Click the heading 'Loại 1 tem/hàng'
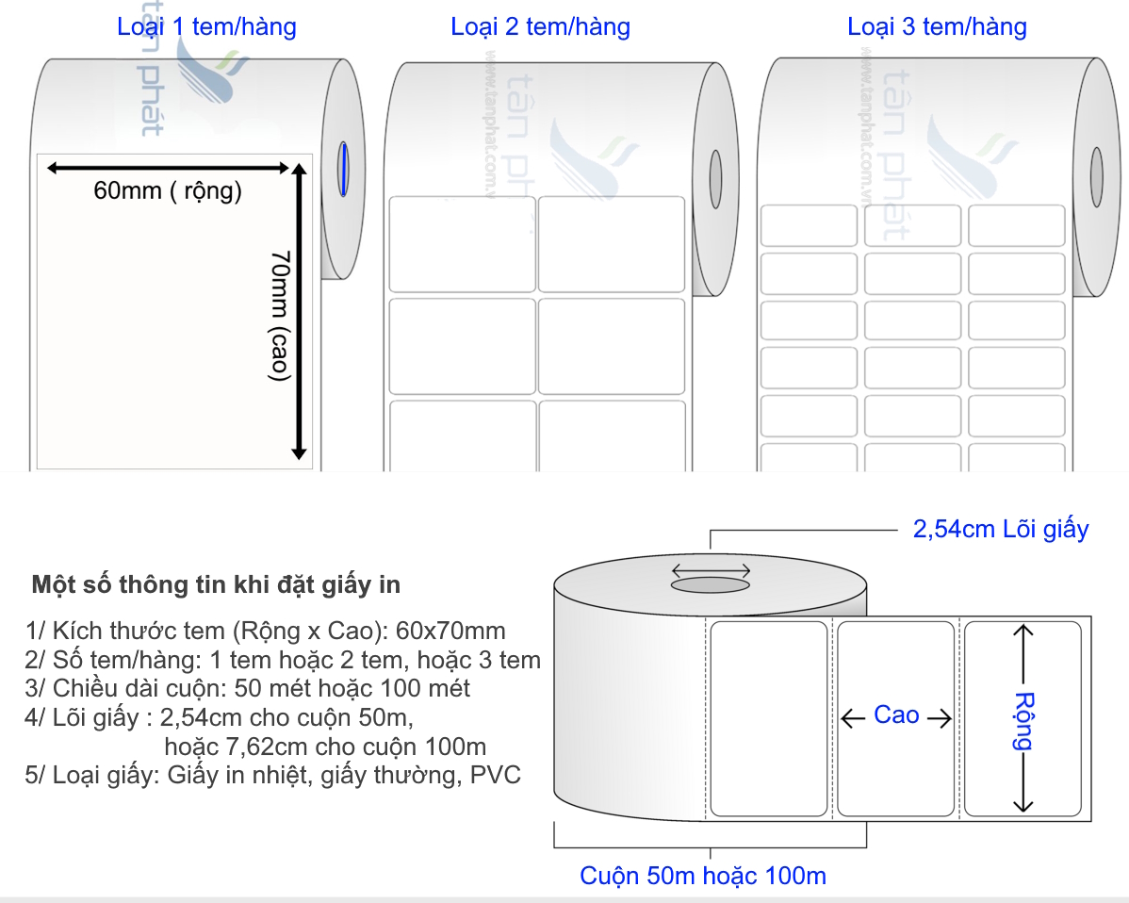[206, 26]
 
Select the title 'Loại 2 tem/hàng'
[541, 26]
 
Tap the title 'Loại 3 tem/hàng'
[937, 26]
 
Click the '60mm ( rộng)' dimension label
[168, 190]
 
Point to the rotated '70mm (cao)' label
[279, 316]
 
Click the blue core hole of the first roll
[344, 170]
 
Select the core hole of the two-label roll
[715, 178]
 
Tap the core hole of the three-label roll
[1097, 176]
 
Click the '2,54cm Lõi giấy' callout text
[1001, 530]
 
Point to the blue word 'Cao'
[896, 715]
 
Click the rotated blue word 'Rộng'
[1023, 721]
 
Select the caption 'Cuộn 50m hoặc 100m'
[703, 876]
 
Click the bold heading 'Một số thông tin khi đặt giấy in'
[216, 584]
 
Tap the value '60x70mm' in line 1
[450, 631]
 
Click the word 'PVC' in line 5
[496, 775]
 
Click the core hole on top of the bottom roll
[711, 584]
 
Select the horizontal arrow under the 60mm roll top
[168, 169]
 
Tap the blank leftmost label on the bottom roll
[769, 718]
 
